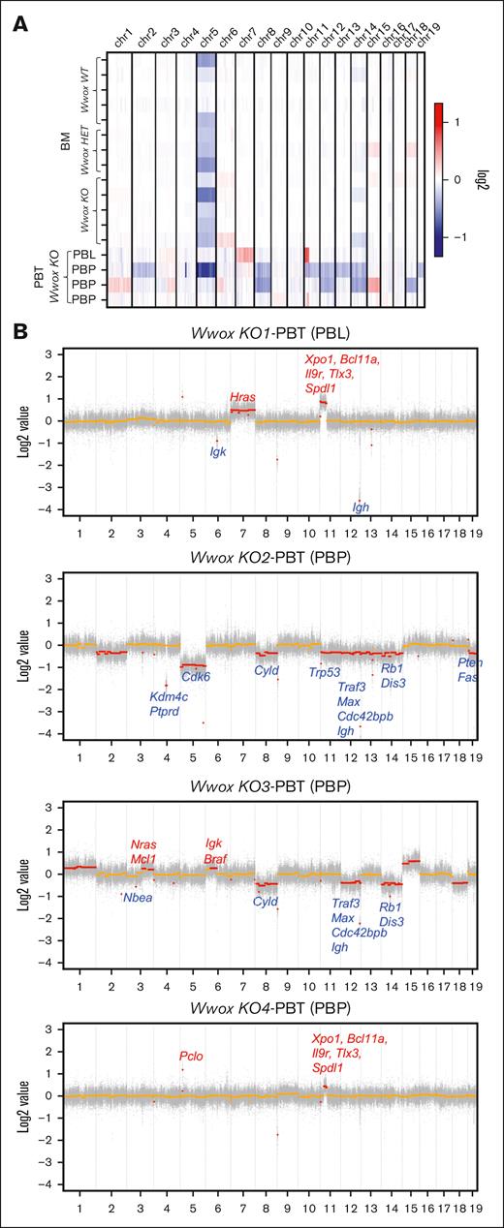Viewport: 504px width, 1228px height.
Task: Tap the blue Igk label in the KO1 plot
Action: coord(218,450)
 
